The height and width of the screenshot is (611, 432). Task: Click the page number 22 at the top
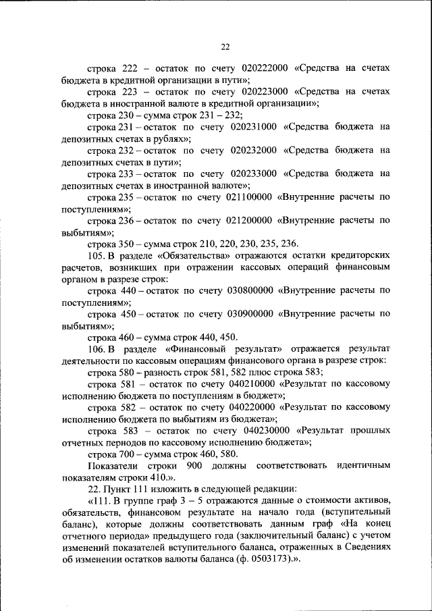[225, 47]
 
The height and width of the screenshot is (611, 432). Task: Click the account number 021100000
[246, 197]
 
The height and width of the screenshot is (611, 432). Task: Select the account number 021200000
[246, 220]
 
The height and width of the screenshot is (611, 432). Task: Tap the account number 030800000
[246, 290]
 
